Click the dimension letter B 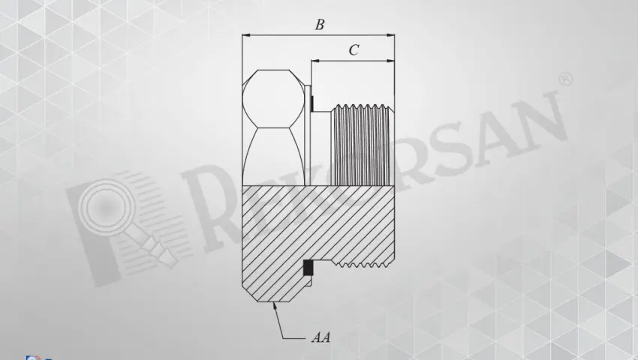pos(319,25)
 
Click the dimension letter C pos(354,50)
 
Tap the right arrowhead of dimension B pos(391,34)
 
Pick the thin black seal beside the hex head pos(310,101)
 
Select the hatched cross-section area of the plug pos(315,225)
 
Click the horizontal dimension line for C pos(353,60)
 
